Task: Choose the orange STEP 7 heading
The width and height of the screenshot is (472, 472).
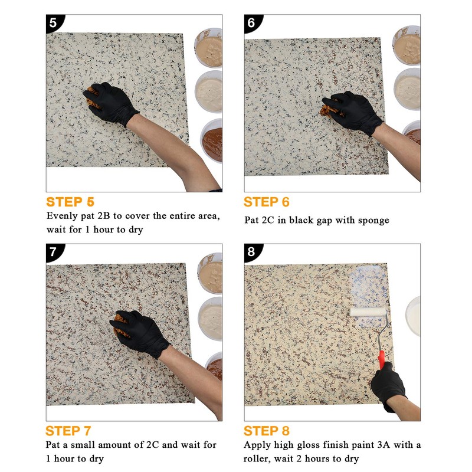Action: [68, 430]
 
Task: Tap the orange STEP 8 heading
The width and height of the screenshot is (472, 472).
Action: [267, 430]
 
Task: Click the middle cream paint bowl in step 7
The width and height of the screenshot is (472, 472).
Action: [211, 319]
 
